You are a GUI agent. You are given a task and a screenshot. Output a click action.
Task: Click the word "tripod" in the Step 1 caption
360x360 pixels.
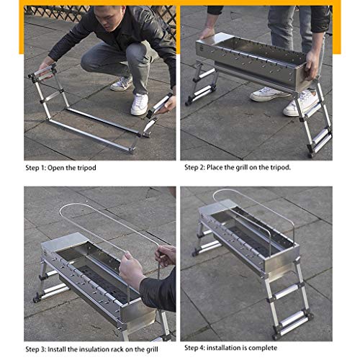click(x=86, y=168)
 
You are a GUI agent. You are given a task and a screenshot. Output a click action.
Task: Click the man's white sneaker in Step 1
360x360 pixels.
click(x=140, y=104)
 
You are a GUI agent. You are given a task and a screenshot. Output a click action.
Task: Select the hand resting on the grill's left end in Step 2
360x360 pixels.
click(x=207, y=32)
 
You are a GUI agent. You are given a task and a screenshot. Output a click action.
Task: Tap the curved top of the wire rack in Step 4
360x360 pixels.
click(x=223, y=192)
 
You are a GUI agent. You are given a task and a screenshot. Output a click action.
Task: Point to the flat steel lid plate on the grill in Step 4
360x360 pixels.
click(x=217, y=206)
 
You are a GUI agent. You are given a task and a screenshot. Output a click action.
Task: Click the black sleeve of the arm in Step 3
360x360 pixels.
click(x=159, y=289)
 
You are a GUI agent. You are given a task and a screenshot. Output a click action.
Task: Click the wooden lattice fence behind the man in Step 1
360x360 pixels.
click(x=59, y=12)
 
